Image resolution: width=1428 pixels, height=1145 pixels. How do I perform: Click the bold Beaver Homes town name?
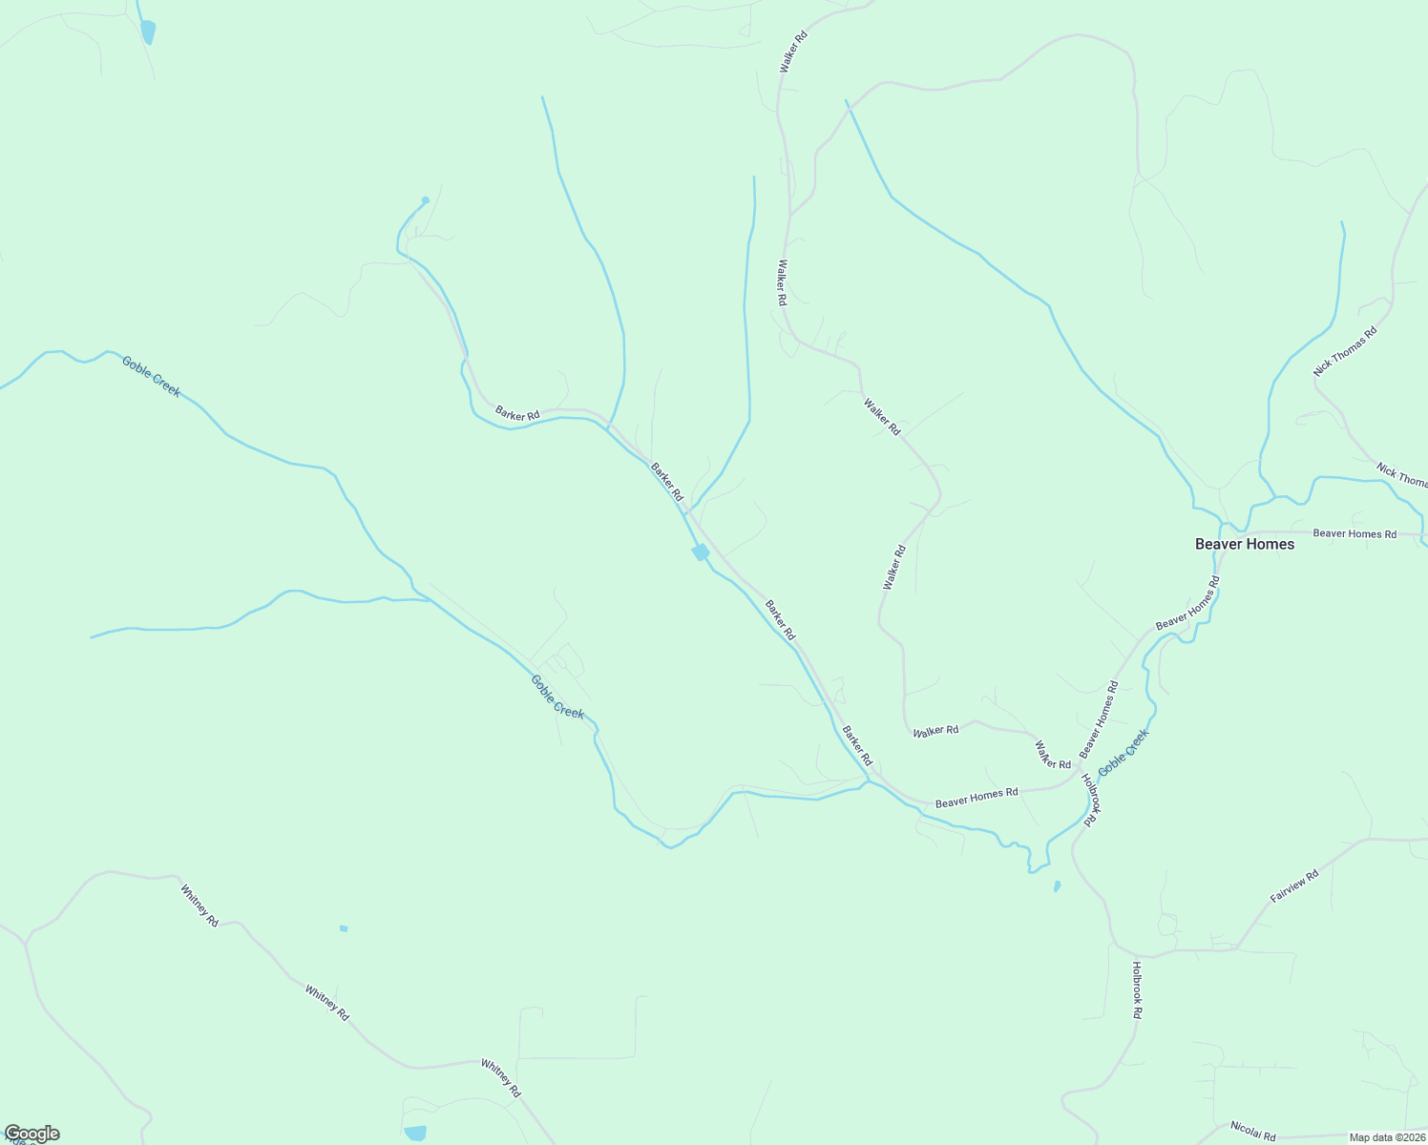click(x=1245, y=544)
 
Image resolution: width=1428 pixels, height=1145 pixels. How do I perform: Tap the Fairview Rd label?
click(x=1293, y=886)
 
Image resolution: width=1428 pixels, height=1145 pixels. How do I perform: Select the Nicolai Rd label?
click(x=1253, y=1131)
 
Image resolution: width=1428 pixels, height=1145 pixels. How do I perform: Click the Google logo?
click(x=31, y=1134)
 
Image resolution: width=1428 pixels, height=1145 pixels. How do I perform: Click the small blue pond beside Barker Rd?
click(x=701, y=552)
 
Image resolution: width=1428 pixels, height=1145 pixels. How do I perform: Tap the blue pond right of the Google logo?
click(x=415, y=1133)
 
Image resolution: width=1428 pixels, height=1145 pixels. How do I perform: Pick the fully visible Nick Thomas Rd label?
click(x=1345, y=352)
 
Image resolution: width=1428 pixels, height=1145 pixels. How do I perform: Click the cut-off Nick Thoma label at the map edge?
click(x=1401, y=474)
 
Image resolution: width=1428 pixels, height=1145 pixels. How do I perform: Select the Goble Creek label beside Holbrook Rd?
click(x=1123, y=753)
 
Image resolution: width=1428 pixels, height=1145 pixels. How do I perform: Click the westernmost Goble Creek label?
click(x=151, y=376)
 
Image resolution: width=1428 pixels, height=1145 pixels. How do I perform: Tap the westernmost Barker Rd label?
click(x=517, y=414)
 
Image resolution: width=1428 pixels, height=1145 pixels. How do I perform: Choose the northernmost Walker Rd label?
click(x=793, y=52)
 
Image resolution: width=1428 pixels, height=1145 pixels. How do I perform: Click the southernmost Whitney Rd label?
click(x=500, y=1077)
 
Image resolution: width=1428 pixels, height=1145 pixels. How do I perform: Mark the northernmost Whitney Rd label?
click(x=199, y=905)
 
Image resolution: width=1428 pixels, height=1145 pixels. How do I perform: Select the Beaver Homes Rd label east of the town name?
click(x=1354, y=533)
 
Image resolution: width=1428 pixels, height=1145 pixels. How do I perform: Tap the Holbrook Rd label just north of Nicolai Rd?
click(x=1136, y=990)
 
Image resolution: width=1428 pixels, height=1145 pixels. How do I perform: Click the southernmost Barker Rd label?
click(x=857, y=746)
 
